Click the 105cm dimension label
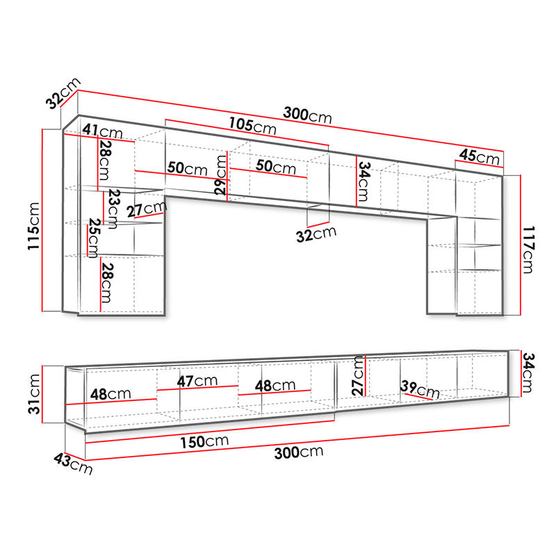click(x=252, y=126)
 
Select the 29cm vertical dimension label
click(x=221, y=175)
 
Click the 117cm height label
click(x=528, y=250)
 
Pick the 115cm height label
click(x=34, y=226)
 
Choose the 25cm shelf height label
click(x=94, y=238)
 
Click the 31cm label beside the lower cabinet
click(x=34, y=394)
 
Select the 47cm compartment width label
click(x=197, y=381)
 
